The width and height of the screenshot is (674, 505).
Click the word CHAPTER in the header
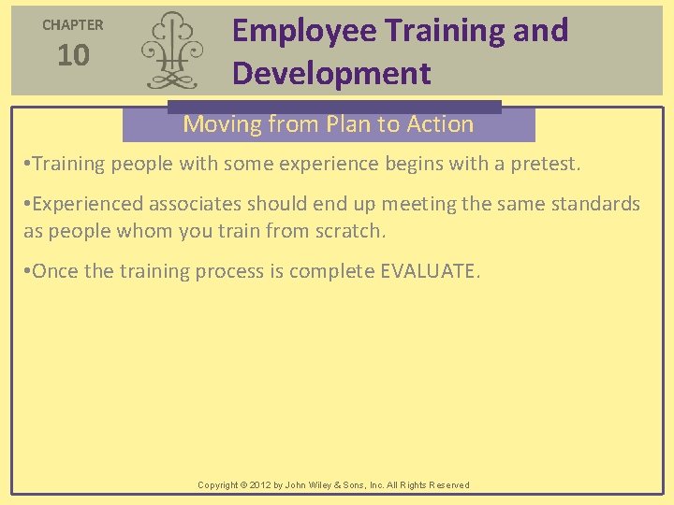[x=73, y=25]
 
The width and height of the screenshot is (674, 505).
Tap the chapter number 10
[x=73, y=56]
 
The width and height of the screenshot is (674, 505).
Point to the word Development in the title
[x=331, y=73]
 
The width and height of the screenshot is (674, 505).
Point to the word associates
[x=196, y=205]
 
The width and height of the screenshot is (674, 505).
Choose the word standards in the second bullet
[x=594, y=205]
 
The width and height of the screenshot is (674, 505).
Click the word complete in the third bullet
[x=331, y=271]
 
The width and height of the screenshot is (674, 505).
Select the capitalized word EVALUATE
[x=429, y=271]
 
